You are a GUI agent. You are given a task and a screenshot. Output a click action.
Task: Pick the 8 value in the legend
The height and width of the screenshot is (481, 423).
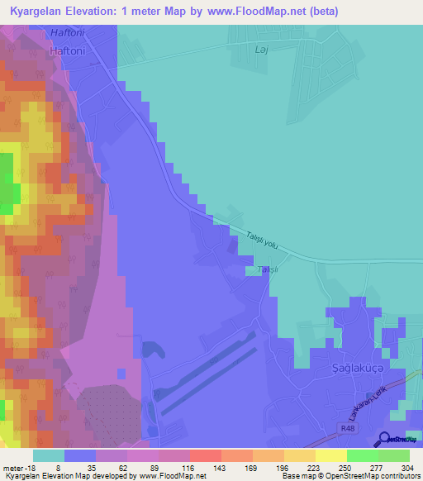coord(58,468)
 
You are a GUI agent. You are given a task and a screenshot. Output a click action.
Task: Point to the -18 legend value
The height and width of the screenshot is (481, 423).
coord(29,468)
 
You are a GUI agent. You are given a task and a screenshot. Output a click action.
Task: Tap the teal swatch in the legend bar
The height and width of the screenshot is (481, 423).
coord(49,455)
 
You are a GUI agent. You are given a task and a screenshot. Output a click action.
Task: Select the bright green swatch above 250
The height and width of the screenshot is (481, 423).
coord(363,455)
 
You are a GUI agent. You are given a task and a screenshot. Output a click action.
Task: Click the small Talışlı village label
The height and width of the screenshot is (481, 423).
coord(264,270)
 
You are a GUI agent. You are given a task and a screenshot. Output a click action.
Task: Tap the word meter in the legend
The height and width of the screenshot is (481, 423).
coord(14,468)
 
